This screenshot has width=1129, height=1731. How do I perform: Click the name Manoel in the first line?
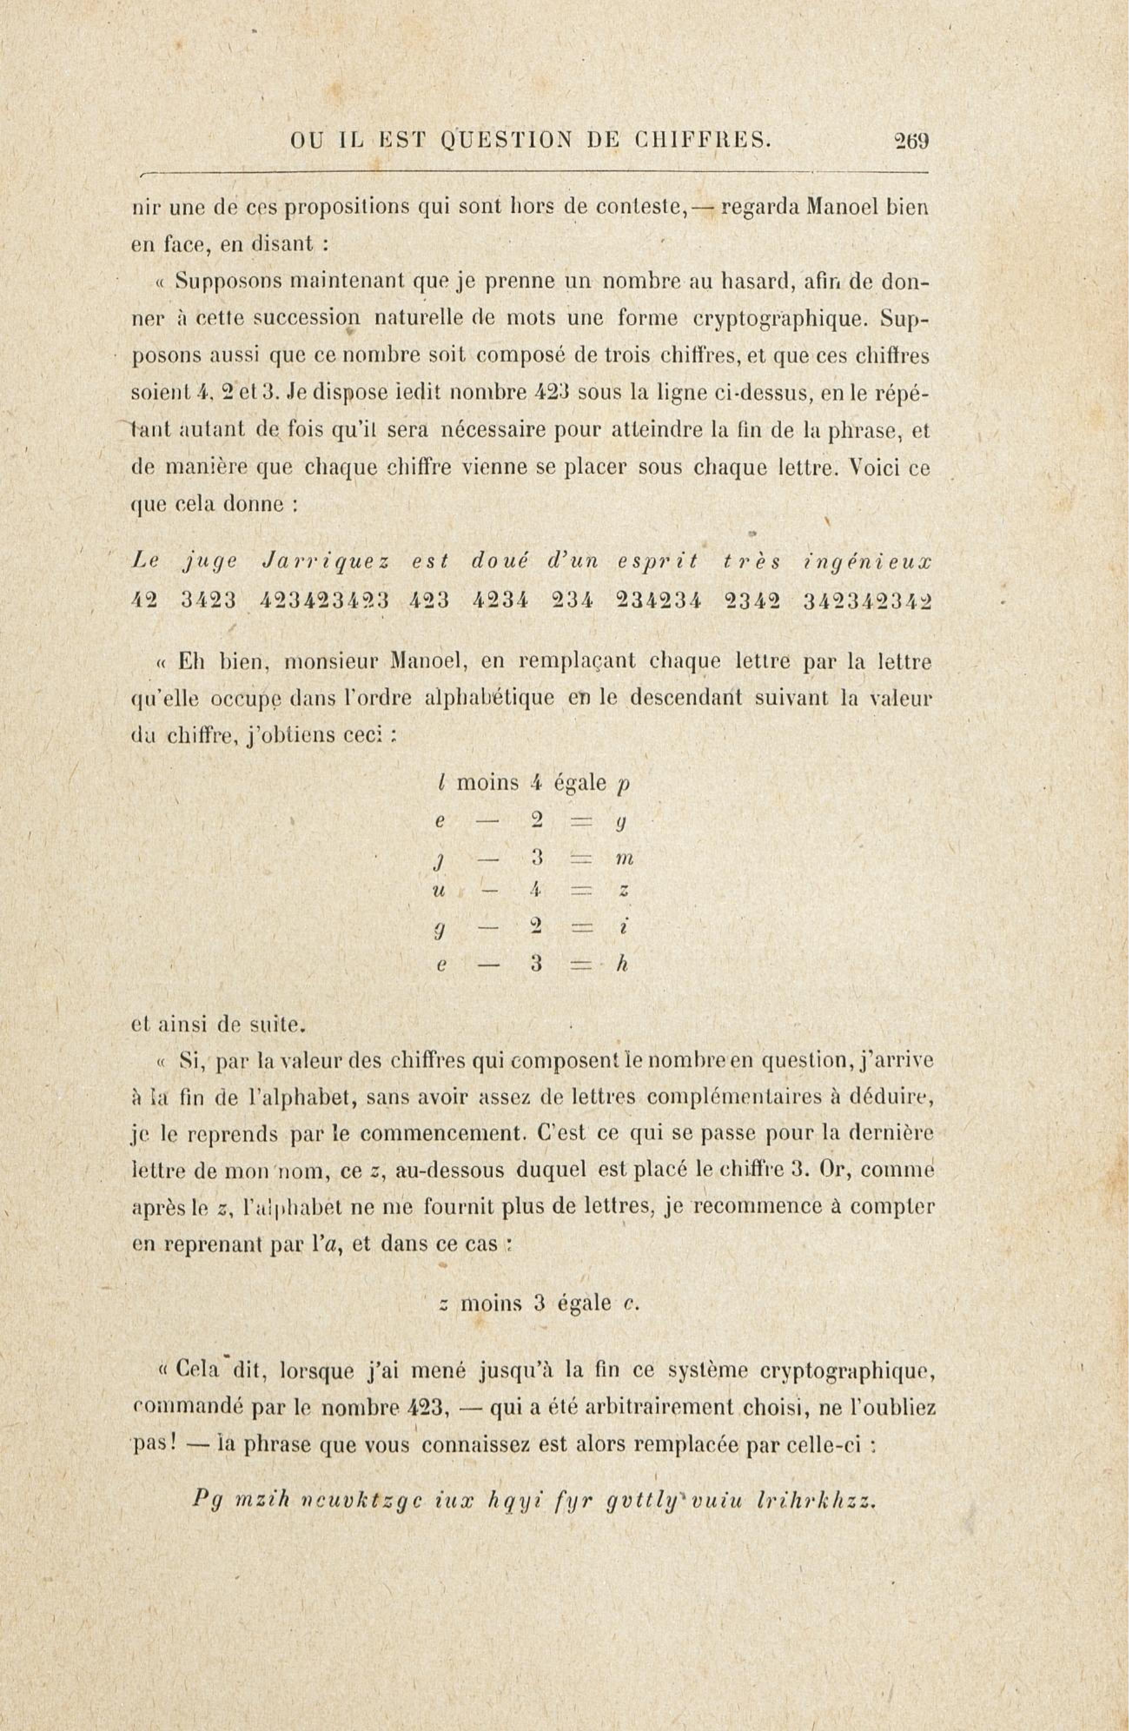pyautogui.click(x=841, y=208)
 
